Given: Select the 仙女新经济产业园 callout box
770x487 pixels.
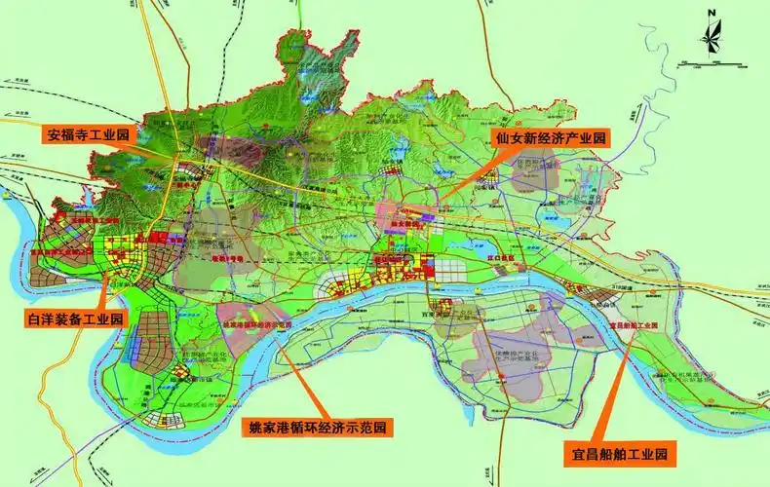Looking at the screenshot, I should (x=550, y=138).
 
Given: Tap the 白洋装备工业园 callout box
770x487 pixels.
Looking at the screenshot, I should (x=76, y=318).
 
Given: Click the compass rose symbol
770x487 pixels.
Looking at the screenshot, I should (x=712, y=38).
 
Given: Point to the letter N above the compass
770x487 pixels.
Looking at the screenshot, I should (x=712, y=13).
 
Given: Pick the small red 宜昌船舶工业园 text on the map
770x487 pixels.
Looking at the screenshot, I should (x=634, y=324).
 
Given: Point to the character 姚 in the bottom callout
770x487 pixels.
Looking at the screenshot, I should (x=251, y=427).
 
